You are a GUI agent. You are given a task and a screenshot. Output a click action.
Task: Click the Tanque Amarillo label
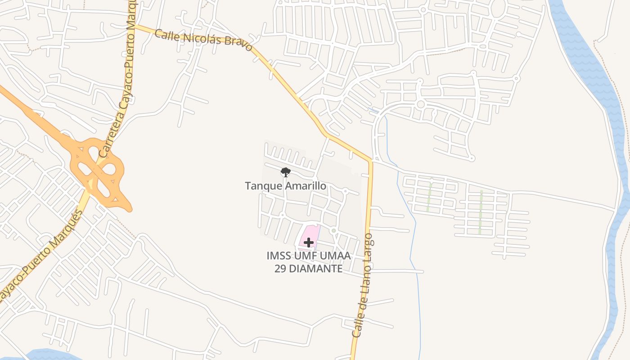285,185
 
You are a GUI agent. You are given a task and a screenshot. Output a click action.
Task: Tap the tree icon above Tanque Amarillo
285,172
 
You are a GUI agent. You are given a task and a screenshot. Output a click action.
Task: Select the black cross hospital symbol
308,243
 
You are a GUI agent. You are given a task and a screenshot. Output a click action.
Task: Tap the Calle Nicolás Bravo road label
203,40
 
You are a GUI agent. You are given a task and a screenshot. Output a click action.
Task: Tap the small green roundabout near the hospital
333,230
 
